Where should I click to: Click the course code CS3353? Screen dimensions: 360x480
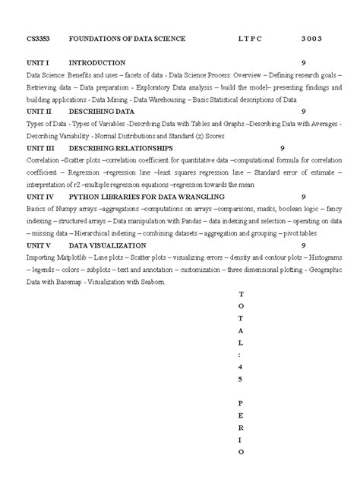tap(39, 38)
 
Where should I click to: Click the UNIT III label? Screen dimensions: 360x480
tap(41, 148)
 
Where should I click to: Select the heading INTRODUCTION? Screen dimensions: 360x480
tap(96, 62)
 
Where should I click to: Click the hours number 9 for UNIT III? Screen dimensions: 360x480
tap(283, 148)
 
